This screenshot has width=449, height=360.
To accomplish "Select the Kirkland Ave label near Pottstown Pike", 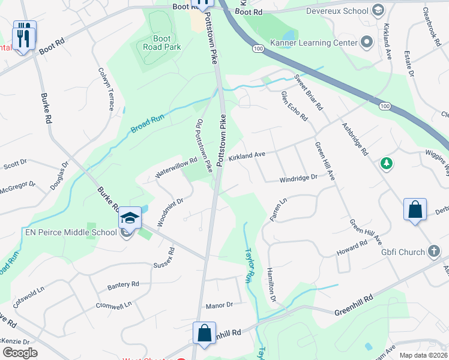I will pyautogui.click(x=246, y=155).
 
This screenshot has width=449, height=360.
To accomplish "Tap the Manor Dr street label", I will pyautogui.click(x=219, y=305).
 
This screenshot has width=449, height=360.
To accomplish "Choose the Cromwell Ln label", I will pyautogui.click(x=113, y=305).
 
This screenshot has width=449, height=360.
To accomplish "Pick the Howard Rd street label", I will pyautogui.click(x=352, y=248).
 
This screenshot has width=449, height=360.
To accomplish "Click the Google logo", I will pyautogui.click(x=20, y=353).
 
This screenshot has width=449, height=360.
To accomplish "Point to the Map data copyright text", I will pyautogui.click(x=424, y=355).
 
